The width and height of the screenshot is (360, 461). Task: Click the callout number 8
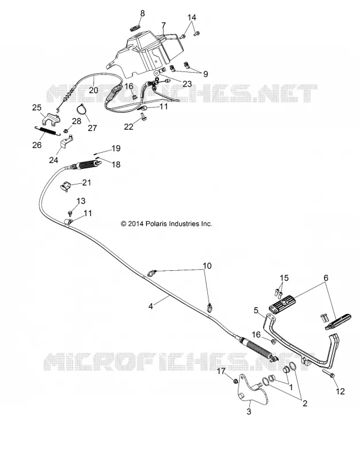click(x=142, y=13)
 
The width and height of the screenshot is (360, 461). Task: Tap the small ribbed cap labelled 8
click(x=135, y=28)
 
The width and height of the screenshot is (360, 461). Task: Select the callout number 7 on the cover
click(x=164, y=25)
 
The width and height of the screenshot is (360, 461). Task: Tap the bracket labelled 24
click(x=67, y=141)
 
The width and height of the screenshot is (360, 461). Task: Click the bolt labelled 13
click(x=70, y=211)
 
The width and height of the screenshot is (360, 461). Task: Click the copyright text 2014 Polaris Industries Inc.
click(x=166, y=224)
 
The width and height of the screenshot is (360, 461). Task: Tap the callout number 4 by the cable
click(x=151, y=307)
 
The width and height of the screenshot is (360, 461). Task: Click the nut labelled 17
click(x=236, y=381)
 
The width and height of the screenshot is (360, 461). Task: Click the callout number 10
click(x=207, y=266)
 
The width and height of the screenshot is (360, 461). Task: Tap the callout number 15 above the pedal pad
click(x=284, y=278)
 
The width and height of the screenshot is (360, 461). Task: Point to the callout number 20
click(x=93, y=90)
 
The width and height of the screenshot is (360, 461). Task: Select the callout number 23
click(x=187, y=84)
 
